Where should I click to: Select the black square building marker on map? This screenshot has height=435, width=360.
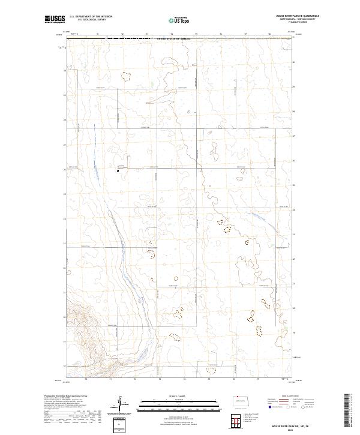pos(118,170)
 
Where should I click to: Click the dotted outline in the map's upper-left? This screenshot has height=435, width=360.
pos(125,76)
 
